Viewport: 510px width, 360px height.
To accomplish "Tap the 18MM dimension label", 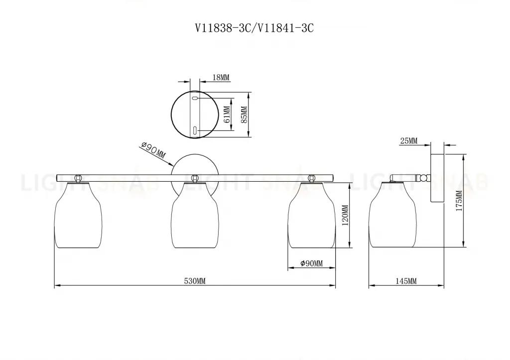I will pyautogui.click(x=221, y=78).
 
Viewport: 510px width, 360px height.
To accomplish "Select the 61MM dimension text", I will pyautogui.click(x=227, y=114).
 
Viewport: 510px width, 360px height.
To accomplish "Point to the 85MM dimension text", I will pyautogui.click(x=244, y=114).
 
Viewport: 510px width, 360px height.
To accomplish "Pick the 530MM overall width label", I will pyautogui.click(x=195, y=281).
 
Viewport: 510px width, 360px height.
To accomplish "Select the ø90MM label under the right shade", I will pyautogui.click(x=312, y=263).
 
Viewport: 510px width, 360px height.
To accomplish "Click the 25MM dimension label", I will pyautogui.click(x=408, y=141).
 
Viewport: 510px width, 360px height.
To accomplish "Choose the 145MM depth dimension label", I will pyautogui.click(x=406, y=281).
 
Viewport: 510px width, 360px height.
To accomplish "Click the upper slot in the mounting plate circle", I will pyautogui.click(x=195, y=99).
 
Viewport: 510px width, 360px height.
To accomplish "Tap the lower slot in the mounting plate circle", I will pyautogui.click(x=195, y=131).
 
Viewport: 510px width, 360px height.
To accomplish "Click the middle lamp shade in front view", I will pyautogui.click(x=195, y=215).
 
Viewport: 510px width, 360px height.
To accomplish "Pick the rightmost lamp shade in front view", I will pyautogui.click(x=312, y=215).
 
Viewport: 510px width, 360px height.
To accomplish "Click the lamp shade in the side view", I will pyautogui.click(x=392, y=215).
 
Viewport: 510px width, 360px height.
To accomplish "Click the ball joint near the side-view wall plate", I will pyautogui.click(x=424, y=177).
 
